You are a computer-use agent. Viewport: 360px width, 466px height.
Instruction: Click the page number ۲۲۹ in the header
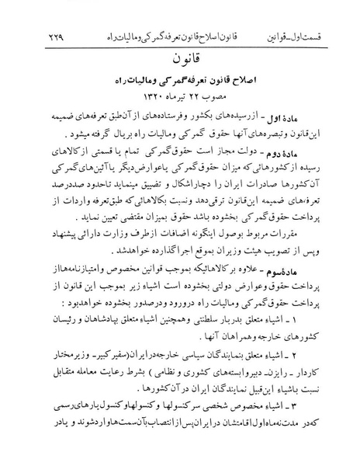coord(33,17)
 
